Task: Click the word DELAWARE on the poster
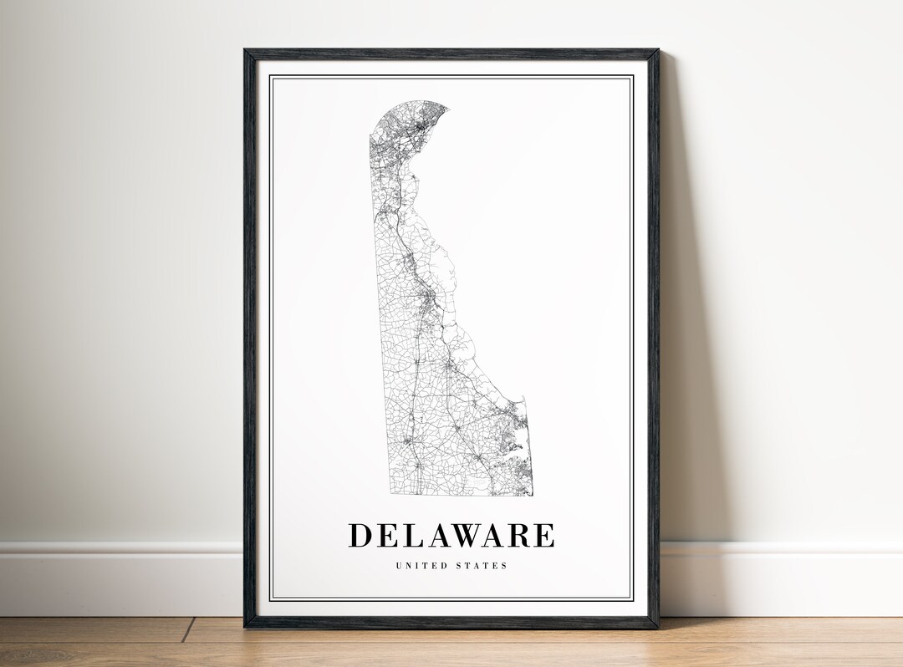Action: [451, 535]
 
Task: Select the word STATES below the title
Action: [481, 566]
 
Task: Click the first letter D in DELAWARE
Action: [360, 535]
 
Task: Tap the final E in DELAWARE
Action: [544, 535]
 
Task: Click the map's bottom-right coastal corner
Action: [528, 493]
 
